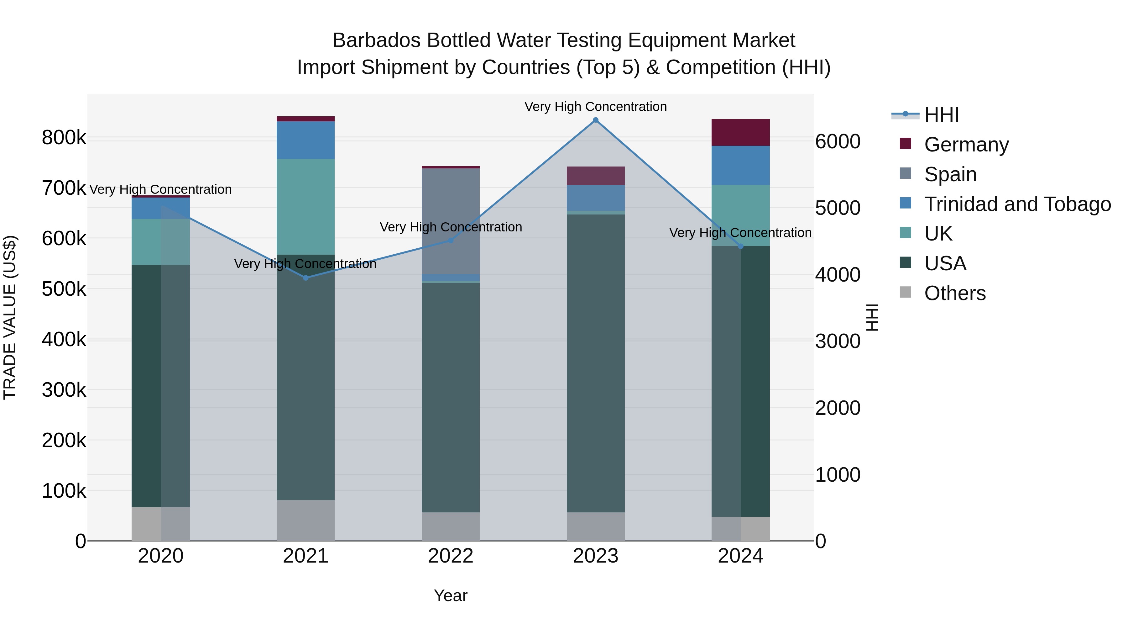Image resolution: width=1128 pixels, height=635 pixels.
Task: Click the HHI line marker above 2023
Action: tap(596, 120)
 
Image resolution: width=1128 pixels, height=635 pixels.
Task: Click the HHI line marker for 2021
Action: tap(305, 278)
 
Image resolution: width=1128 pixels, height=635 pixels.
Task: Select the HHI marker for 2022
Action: tap(451, 241)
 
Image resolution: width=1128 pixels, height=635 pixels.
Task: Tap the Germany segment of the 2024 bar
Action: tap(740, 132)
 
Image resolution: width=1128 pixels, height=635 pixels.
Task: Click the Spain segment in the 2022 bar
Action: tap(451, 221)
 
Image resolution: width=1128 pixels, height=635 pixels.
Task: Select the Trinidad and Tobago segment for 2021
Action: tap(305, 140)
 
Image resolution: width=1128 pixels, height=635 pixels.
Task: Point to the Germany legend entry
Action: tap(966, 145)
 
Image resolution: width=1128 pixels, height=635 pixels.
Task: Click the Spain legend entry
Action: tap(950, 174)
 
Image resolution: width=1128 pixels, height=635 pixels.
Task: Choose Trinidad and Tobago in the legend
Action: tap(1017, 204)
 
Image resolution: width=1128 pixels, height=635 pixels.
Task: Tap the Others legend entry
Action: tap(955, 293)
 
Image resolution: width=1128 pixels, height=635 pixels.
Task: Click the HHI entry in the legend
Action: tap(942, 115)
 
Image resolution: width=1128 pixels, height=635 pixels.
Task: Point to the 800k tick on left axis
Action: tap(64, 138)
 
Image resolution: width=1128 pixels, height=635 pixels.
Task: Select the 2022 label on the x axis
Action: tap(451, 556)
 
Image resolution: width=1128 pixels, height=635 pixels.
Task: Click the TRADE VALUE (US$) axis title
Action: tap(10, 317)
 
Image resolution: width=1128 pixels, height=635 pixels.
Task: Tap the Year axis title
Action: tap(451, 595)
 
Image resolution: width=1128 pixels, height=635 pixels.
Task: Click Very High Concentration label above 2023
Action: tap(596, 107)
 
